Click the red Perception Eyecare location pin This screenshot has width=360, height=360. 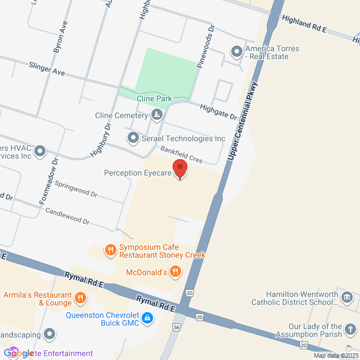pyautogui.click(x=179, y=168)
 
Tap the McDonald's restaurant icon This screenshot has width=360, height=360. pyautogui.click(x=175, y=272)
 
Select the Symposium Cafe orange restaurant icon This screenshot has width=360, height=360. pyautogui.click(x=111, y=249)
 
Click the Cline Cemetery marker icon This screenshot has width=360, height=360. pyautogui.click(x=157, y=116)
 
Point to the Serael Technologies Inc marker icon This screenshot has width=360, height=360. pyautogui.click(x=133, y=137)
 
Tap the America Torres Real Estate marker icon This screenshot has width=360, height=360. pyautogui.click(x=236, y=52)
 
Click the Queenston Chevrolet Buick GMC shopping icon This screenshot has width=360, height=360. pyautogui.click(x=147, y=318)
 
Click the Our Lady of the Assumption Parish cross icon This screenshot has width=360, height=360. pyautogui.click(x=350, y=330)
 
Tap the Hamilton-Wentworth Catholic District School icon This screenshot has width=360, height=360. pyautogui.click(x=346, y=297)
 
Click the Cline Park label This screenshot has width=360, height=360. pyautogui.click(x=154, y=98)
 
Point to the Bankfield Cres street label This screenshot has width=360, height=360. pyautogui.click(x=181, y=155)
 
